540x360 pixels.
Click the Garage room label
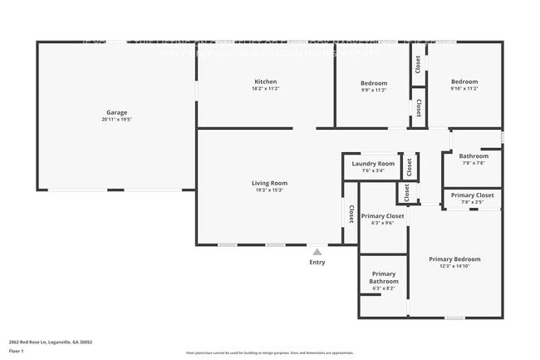coord(116,112)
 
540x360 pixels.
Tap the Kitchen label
coord(266,81)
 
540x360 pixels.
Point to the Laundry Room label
coord(373,164)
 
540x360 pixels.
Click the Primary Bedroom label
coord(454,259)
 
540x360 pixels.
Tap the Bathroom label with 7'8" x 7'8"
coord(474,155)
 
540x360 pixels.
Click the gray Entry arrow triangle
coord(317,251)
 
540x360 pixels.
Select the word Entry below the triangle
coord(317,263)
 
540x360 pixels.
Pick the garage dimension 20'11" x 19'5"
coord(116,120)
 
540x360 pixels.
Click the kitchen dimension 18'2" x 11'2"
coord(266,89)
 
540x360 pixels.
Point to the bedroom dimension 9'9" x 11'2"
coord(374,90)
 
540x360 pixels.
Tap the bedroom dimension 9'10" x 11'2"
coord(464,89)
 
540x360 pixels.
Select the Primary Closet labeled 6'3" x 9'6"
coord(383,216)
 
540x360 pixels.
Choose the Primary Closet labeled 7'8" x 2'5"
coord(473,195)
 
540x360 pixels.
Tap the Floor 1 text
coord(17,351)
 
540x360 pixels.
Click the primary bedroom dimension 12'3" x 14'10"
coord(454,267)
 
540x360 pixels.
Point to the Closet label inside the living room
coord(351,215)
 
